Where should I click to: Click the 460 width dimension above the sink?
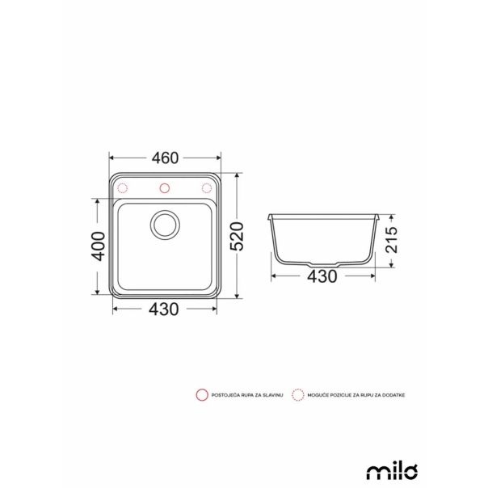click(x=165, y=158)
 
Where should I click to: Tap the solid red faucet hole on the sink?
click(x=165, y=188)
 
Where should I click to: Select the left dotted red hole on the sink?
click(x=124, y=188)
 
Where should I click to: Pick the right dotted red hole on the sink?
click(x=206, y=188)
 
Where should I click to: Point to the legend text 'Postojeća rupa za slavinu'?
click(x=246, y=395)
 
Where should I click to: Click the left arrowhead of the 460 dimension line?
click(x=111, y=158)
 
